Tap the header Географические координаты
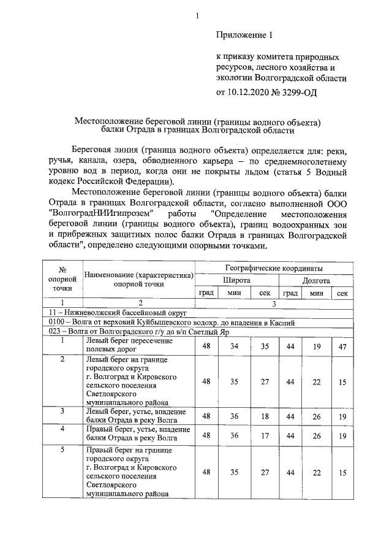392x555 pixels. (x=274, y=268)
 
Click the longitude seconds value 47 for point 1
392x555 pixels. (x=342, y=347)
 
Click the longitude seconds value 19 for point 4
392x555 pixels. (x=342, y=435)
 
